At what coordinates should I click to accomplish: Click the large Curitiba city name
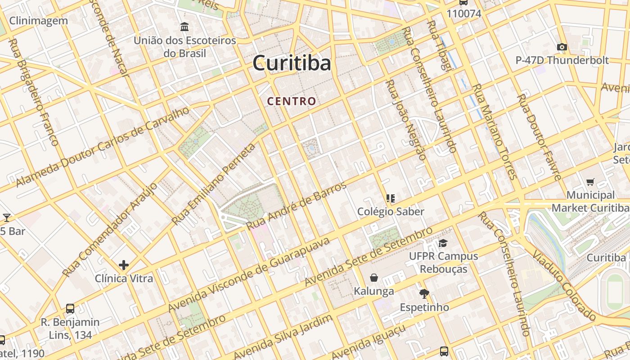292,63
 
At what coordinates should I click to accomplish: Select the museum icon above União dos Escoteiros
184,27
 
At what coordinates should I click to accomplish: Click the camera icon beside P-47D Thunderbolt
562,47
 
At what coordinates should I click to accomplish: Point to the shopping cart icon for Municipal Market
590,182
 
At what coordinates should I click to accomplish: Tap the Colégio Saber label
391,211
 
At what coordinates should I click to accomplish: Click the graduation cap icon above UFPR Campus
443,243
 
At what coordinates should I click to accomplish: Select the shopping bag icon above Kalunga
373,278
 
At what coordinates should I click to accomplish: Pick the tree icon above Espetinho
424,294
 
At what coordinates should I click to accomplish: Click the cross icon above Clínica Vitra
124,265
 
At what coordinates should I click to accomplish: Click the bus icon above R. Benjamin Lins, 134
70,309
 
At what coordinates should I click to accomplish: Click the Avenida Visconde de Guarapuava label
249,274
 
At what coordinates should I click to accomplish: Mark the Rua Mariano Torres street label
493,131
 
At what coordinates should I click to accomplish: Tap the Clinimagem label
38,21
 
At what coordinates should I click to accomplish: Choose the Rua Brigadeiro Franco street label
34,92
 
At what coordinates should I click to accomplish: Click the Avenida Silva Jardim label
283,337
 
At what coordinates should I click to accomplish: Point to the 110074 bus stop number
464,13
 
